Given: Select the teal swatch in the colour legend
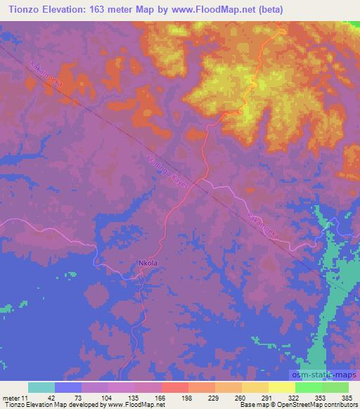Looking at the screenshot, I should pyautogui.click(x=41, y=387).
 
